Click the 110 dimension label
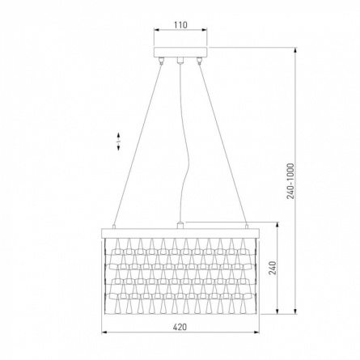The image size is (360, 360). pyautogui.click(x=180, y=25)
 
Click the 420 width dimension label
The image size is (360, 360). pyautogui.click(x=180, y=327)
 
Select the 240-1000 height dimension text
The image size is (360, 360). pyautogui.click(x=290, y=181)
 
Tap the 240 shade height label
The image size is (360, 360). pyautogui.click(x=273, y=268)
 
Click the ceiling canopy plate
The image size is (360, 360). pyautogui.click(x=180, y=52)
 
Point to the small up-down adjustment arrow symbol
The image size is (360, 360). pyautogui.click(x=119, y=142)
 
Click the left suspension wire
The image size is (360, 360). pyautogui.click(x=138, y=144)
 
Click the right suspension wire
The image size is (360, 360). pyautogui.click(x=222, y=144)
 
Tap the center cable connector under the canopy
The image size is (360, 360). pyautogui.click(x=180, y=60)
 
